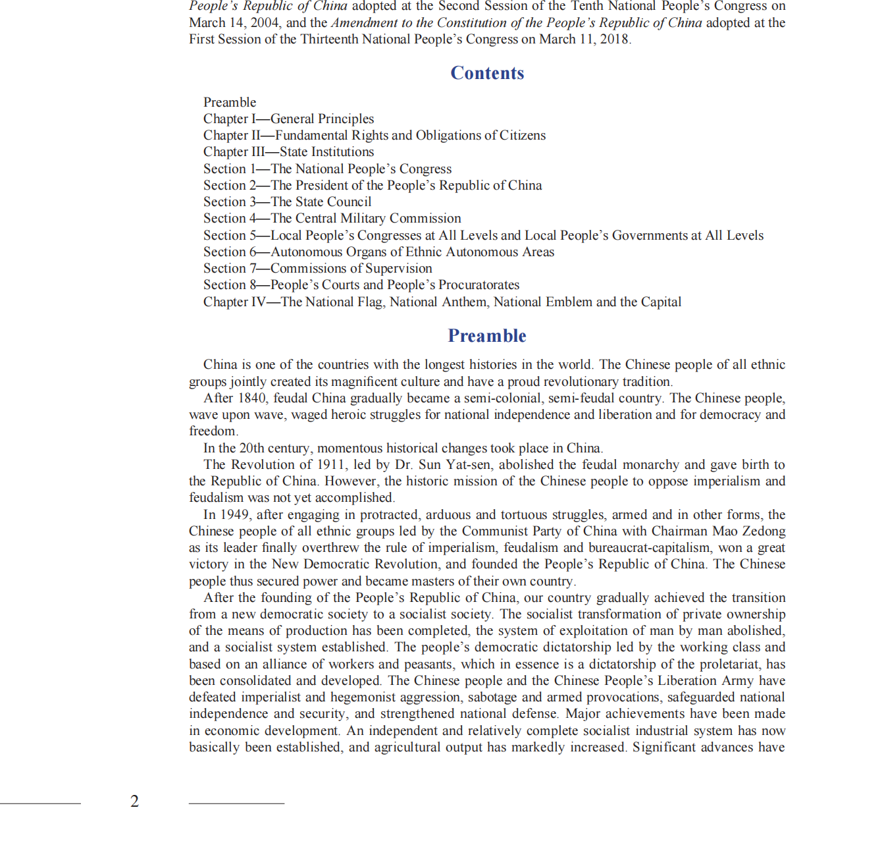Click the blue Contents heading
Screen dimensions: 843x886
click(x=487, y=73)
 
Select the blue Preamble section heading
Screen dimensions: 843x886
click(x=487, y=336)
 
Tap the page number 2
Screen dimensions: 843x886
click(x=135, y=802)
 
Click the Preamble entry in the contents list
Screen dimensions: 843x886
click(x=230, y=102)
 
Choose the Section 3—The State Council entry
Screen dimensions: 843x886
click(x=287, y=202)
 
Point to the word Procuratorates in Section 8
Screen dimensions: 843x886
click(x=479, y=285)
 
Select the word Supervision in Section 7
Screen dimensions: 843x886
click(x=398, y=268)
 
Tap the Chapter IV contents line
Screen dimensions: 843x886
click(x=442, y=302)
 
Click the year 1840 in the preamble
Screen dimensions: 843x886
click(x=252, y=398)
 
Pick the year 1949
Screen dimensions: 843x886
click(x=235, y=514)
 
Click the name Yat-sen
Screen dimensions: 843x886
click(x=468, y=464)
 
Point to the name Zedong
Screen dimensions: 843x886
click(x=764, y=531)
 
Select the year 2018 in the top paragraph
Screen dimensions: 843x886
click(x=614, y=39)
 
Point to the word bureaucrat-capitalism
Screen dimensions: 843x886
click(x=649, y=547)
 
